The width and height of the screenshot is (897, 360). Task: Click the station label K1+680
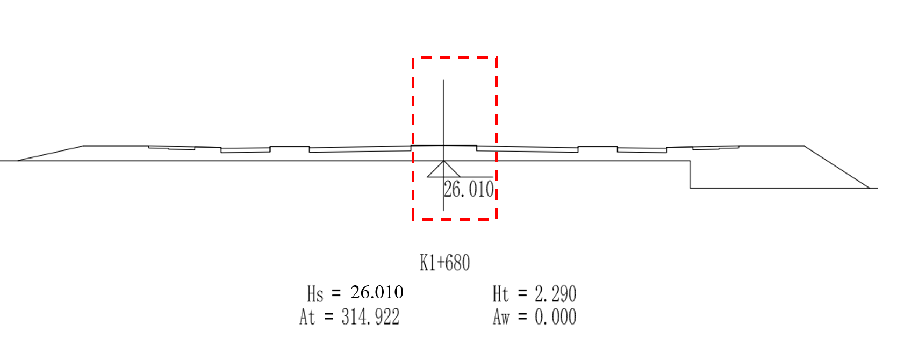point(444,263)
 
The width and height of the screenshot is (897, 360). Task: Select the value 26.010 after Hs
point(377,292)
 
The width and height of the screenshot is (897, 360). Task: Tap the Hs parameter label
point(315,293)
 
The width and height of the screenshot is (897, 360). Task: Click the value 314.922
point(370,317)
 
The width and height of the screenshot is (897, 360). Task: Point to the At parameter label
point(307,317)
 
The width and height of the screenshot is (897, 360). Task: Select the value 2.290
point(555,294)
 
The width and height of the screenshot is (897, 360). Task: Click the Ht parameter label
point(500,294)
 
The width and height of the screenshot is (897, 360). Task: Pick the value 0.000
point(555,317)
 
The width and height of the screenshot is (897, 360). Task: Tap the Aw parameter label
point(501,317)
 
